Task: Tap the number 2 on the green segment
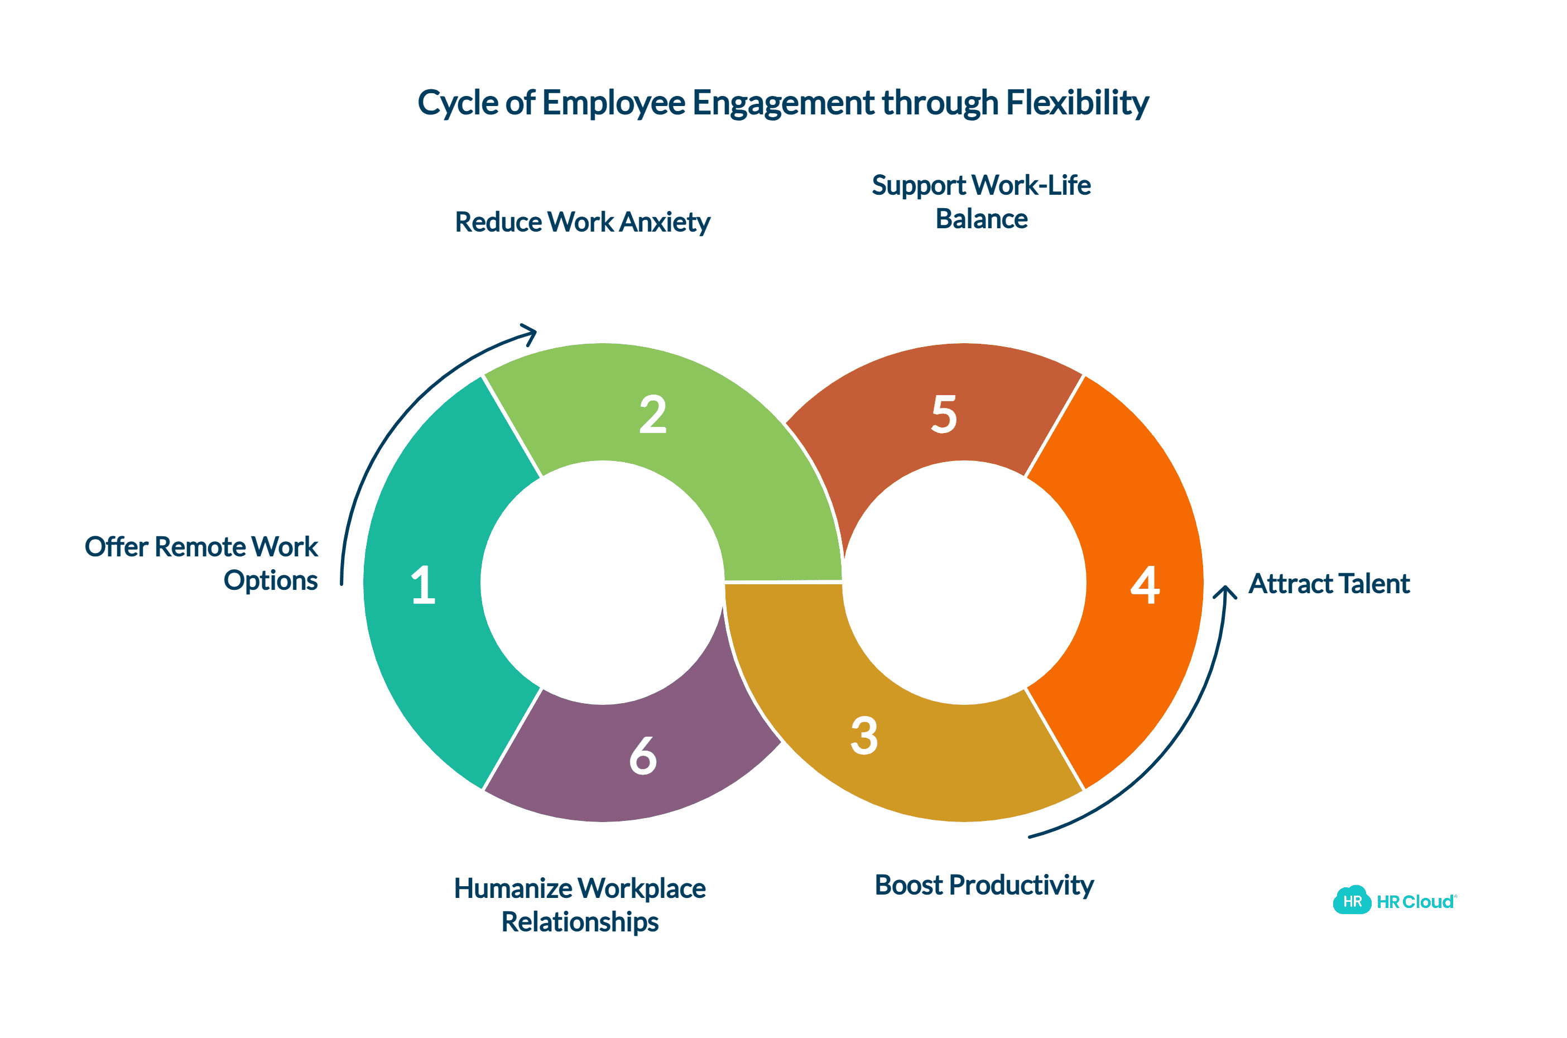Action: coord(652,415)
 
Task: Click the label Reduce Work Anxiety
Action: coord(582,223)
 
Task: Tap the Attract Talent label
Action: coord(1328,584)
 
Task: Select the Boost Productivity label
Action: coord(983,885)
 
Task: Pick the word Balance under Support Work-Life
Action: coord(981,219)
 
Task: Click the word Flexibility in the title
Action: coord(1077,103)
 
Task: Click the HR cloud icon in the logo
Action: coord(1351,900)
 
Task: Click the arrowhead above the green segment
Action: coord(530,331)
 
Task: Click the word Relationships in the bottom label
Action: coord(579,922)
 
